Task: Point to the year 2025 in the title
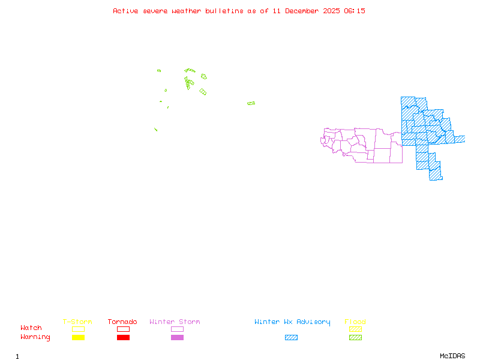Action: (x=332, y=11)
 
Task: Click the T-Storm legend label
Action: (x=77, y=322)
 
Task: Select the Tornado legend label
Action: (x=122, y=322)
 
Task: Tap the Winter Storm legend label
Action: (x=175, y=322)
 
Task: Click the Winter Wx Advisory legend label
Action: (x=292, y=322)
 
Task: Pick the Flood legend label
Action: (x=355, y=322)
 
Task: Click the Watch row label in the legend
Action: (x=31, y=328)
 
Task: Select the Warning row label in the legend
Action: (x=35, y=337)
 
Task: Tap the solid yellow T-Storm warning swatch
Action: (x=78, y=338)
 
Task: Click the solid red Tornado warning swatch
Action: (x=123, y=338)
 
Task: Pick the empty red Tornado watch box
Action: (x=123, y=329)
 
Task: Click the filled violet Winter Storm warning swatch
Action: (x=177, y=338)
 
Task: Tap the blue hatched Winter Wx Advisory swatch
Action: (x=291, y=338)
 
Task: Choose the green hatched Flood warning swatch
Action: (x=355, y=338)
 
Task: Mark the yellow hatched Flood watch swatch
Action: (x=355, y=329)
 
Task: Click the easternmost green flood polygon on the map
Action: (x=251, y=103)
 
